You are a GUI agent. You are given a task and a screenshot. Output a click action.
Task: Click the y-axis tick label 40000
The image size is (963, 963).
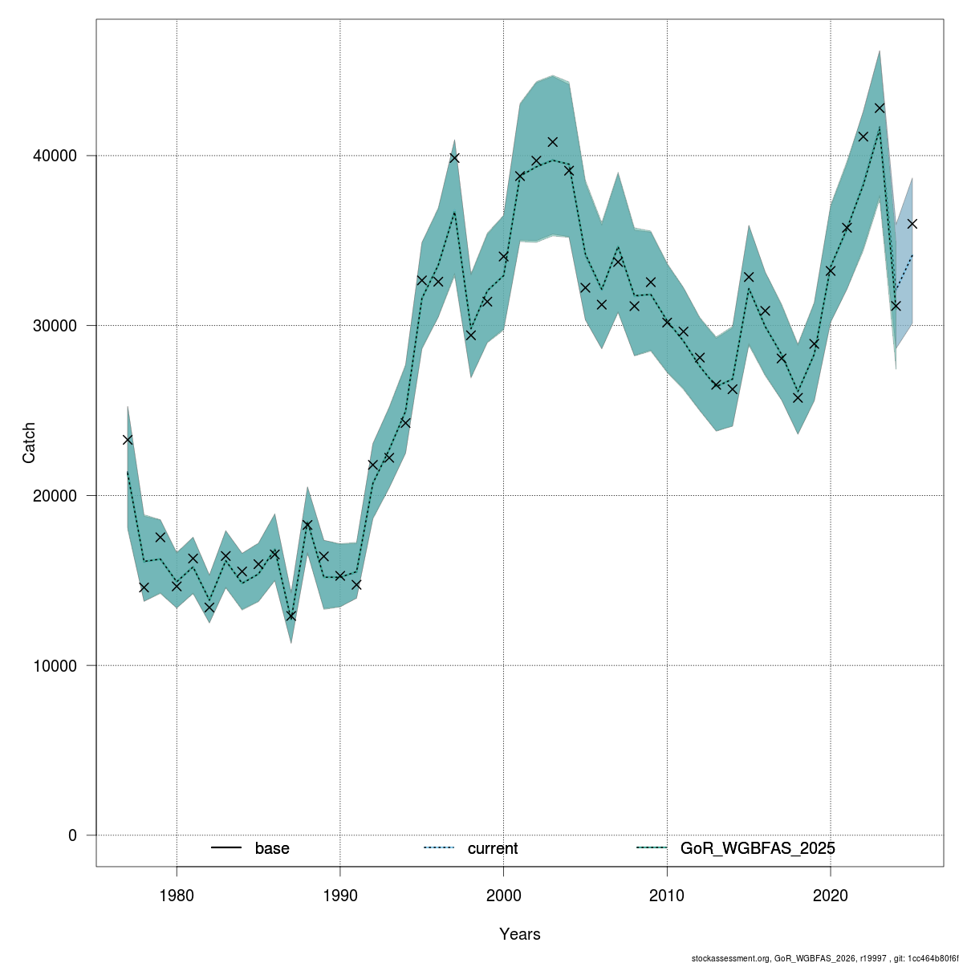55,156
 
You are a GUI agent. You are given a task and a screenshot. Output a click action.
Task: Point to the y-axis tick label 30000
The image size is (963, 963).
55,326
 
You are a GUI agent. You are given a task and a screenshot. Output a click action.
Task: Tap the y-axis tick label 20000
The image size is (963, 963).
55,496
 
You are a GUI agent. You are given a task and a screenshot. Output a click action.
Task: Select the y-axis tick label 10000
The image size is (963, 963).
55,665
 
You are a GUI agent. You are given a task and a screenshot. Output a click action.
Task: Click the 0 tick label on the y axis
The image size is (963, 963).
73,835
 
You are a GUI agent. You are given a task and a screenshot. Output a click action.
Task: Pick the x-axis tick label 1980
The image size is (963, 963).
177,896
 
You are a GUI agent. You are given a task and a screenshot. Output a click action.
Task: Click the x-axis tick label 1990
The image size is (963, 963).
339,896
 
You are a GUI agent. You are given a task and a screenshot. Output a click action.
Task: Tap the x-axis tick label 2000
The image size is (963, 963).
503,896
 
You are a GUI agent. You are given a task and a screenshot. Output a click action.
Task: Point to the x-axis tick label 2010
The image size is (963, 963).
667,896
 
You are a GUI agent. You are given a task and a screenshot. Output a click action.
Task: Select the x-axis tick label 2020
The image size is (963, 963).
830,896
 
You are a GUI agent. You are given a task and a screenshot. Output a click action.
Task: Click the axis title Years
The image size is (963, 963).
520,934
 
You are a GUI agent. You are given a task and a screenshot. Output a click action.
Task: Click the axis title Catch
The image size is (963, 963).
29,443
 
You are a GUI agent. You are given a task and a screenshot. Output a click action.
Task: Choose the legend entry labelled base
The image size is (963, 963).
250,848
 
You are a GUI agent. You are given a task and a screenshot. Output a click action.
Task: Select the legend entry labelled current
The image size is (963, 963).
470,848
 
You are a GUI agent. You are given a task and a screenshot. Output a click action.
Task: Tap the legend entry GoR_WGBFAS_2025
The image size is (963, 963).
736,848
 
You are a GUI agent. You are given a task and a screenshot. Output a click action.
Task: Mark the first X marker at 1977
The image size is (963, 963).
128,440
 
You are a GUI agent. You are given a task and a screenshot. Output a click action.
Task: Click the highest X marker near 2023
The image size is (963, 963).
880,108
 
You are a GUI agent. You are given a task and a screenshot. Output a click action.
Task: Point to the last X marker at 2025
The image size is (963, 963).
912,224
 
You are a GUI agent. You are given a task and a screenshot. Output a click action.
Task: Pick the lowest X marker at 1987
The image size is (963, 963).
291,616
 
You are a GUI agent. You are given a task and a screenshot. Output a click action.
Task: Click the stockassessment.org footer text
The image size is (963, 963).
827,958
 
